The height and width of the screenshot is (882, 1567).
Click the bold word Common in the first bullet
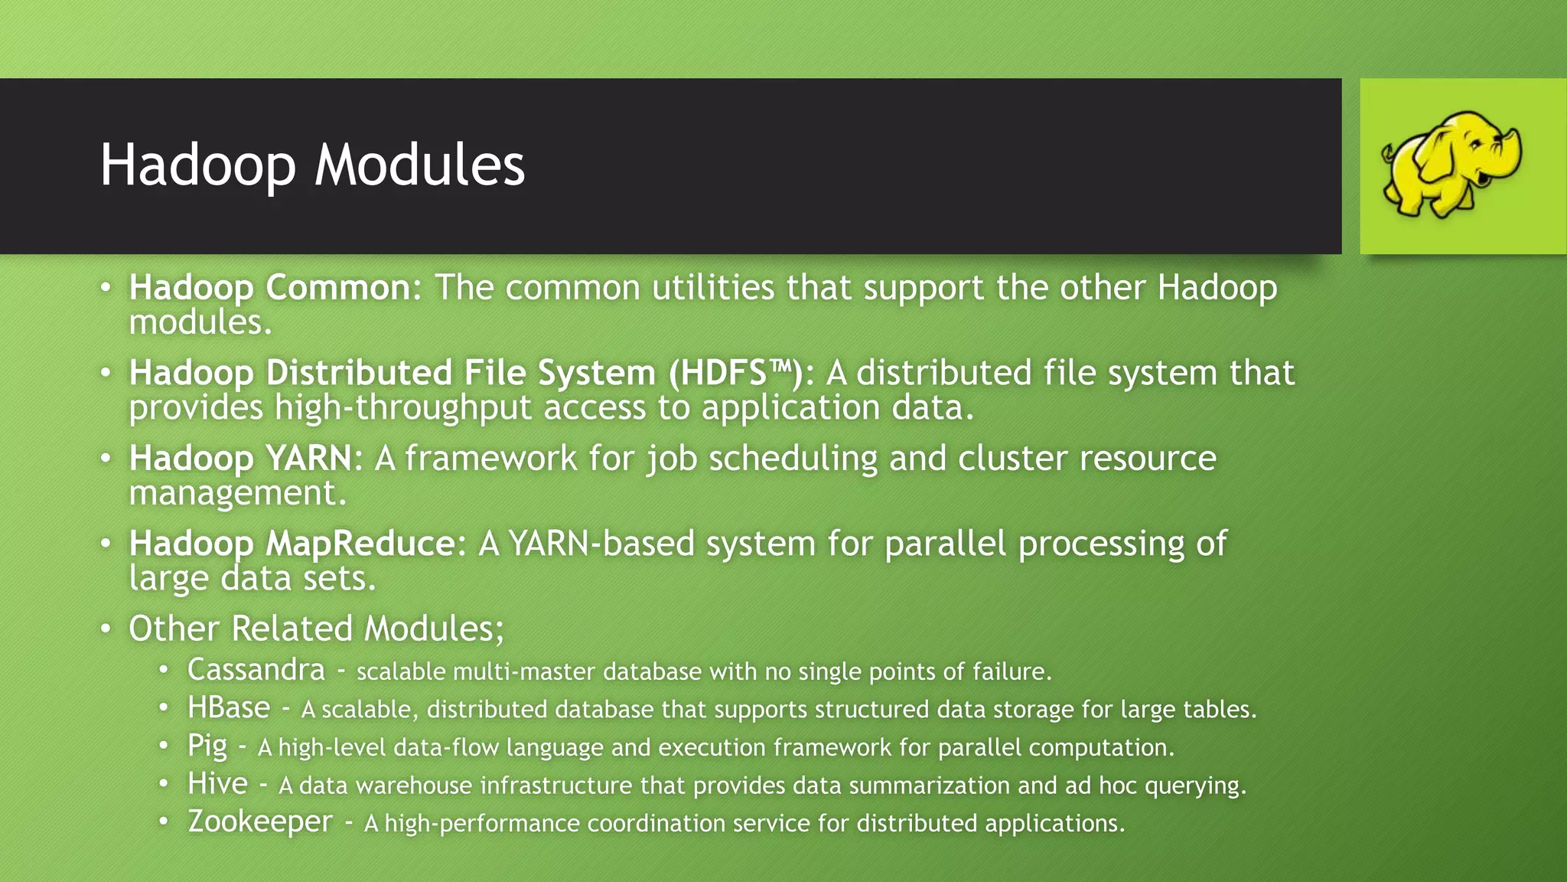[338, 288]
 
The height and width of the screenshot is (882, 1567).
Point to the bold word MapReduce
[360, 544]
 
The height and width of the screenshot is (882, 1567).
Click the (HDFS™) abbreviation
[735, 374]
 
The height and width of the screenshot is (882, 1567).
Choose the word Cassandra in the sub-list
[256, 670]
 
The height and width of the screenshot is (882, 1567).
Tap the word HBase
[229, 708]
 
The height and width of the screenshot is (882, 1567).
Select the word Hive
[218, 784]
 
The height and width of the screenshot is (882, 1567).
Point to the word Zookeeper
[260, 822]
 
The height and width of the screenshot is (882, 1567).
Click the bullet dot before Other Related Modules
[106, 629]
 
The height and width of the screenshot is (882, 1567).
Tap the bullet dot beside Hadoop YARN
[106, 459]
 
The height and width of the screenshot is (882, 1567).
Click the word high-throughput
[403, 407]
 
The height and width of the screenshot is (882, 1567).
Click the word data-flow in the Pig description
[446, 747]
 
